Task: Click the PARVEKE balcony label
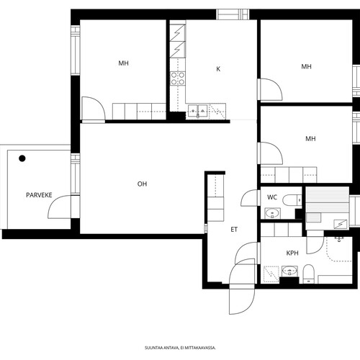(39, 195)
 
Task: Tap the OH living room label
(142, 184)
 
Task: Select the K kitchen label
(218, 69)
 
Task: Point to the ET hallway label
(234, 230)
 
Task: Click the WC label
(272, 197)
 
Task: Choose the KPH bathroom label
(292, 253)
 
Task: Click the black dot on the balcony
(22, 158)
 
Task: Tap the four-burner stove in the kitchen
(178, 78)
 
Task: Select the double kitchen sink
(198, 111)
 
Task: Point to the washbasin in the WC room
(272, 213)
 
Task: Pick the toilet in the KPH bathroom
(308, 274)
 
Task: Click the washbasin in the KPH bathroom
(289, 271)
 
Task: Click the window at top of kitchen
(233, 14)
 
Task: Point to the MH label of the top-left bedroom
(124, 63)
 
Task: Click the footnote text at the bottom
(180, 348)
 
